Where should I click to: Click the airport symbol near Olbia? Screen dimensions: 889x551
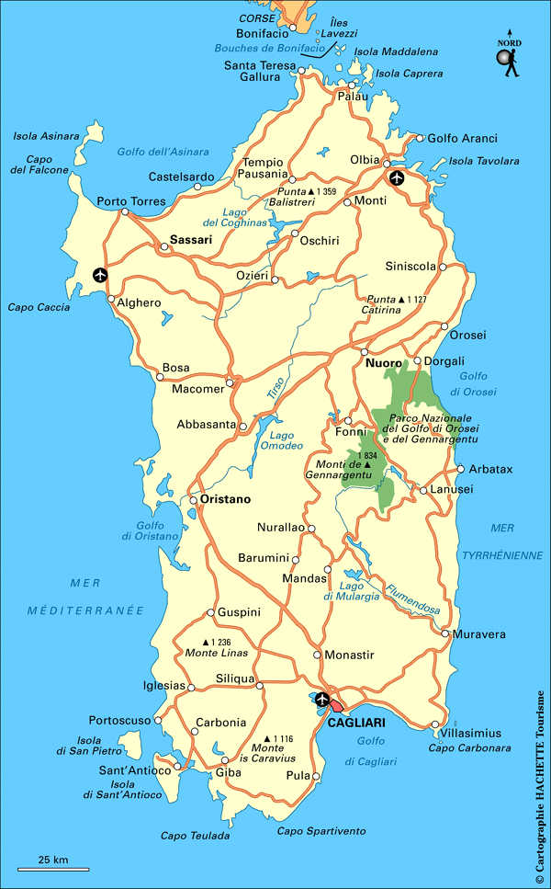coord(396,177)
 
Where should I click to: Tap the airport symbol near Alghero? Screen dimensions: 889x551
coord(99,274)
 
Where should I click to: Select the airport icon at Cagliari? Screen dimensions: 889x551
coord(322,700)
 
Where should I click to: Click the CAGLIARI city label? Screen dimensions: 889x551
coord(356,724)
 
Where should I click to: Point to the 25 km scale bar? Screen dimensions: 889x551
coord(53,866)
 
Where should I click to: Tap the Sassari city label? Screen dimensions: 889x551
coord(191,240)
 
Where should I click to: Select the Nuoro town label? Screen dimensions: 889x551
coord(384,364)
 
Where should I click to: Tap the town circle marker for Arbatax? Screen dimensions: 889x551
coord(460,468)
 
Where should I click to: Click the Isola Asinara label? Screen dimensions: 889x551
coord(46,136)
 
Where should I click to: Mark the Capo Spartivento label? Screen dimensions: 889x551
coord(321,831)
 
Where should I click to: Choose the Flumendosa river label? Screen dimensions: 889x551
coord(412,601)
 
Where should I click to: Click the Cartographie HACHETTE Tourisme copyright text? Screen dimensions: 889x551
coord(539,787)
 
